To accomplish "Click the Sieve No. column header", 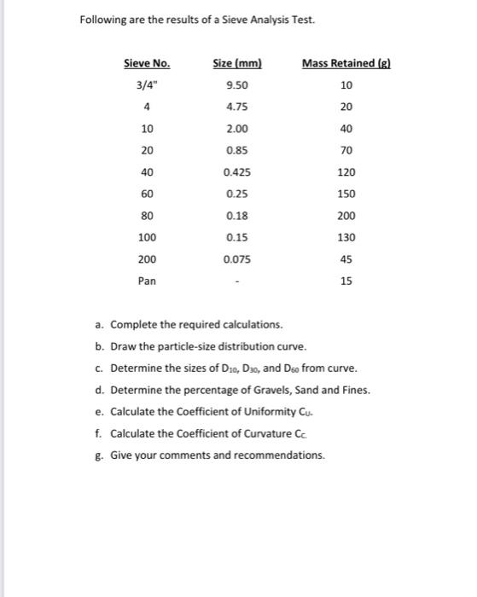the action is pyautogui.click(x=147, y=63).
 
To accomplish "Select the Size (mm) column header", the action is pyautogui.click(x=236, y=63).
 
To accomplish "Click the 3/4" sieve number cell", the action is pyautogui.click(x=147, y=85).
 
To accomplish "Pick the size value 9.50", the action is pyautogui.click(x=236, y=85).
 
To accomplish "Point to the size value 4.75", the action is pyautogui.click(x=236, y=107).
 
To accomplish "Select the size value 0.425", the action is pyautogui.click(x=236, y=171).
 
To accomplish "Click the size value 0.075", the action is pyautogui.click(x=236, y=258).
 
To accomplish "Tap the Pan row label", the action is pyautogui.click(x=147, y=281).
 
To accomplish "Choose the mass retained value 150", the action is pyautogui.click(x=346, y=194).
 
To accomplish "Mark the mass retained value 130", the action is pyautogui.click(x=346, y=237).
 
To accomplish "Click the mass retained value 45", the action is pyautogui.click(x=346, y=258).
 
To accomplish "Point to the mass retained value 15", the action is pyautogui.click(x=346, y=281).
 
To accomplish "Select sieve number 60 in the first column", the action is pyautogui.click(x=147, y=194).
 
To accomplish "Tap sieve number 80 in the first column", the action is pyautogui.click(x=147, y=215).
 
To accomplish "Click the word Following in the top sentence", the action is pyautogui.click(x=103, y=20).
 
